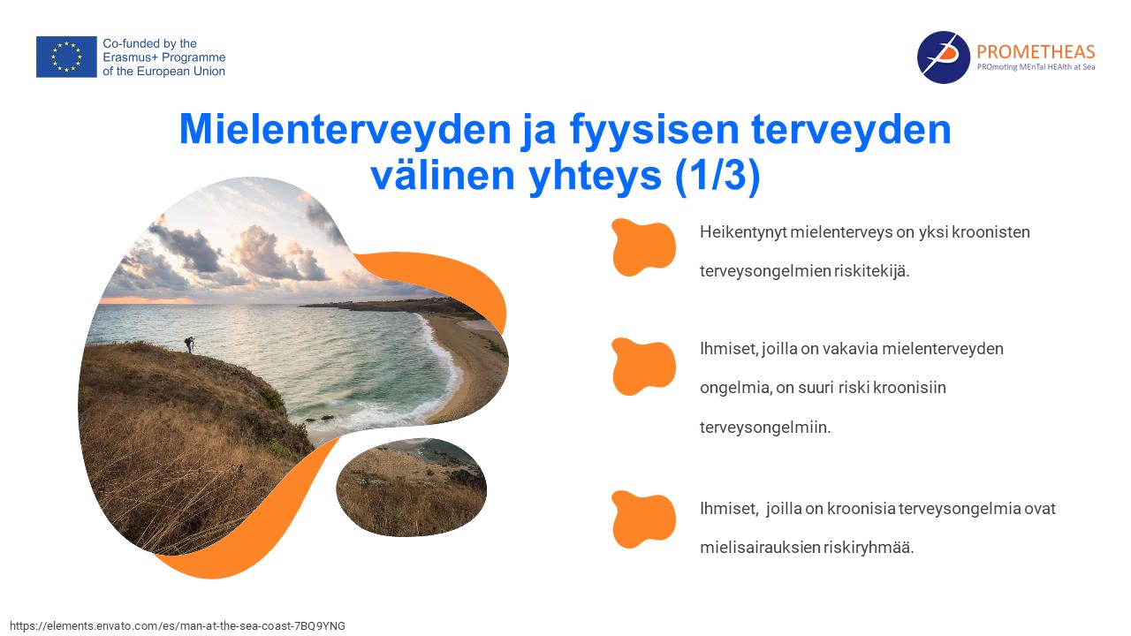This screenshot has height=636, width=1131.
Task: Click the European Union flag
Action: click(66, 57)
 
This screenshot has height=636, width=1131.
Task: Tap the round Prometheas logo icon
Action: click(943, 57)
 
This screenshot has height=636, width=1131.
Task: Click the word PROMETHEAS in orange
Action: click(1036, 51)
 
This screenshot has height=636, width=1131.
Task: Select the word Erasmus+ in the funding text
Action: click(130, 57)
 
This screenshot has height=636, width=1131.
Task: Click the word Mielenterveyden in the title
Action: click(345, 129)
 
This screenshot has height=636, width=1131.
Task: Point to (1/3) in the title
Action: click(717, 175)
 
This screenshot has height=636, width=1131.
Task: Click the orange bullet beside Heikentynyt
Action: click(643, 247)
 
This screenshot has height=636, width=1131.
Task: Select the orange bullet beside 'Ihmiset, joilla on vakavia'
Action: click(643, 367)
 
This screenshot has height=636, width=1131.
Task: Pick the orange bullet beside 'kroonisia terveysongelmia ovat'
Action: click(643, 519)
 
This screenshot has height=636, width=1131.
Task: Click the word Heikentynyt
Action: click(743, 232)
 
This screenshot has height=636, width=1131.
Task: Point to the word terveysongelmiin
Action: click(765, 428)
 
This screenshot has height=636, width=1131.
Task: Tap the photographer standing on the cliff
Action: click(190, 344)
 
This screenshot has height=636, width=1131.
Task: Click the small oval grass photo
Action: click(412, 487)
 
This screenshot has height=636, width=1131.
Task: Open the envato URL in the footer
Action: click(178, 626)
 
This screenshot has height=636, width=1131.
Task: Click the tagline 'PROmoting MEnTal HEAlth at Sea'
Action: click(1036, 67)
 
